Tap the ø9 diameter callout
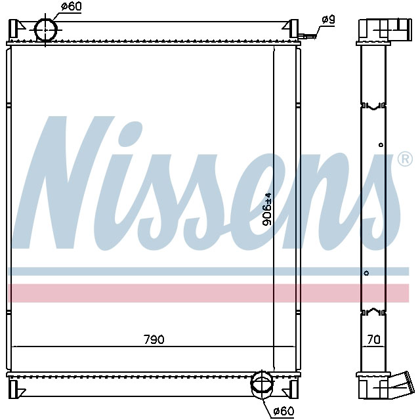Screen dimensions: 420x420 click(328, 20)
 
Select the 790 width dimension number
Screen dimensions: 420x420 click(154, 339)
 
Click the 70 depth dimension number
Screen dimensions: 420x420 click(374, 339)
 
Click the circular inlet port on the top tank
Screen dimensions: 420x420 click(46, 30)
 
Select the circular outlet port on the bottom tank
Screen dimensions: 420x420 click(262, 383)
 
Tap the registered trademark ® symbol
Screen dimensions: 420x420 click(405, 159)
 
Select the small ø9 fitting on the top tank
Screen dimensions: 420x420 click(306, 35)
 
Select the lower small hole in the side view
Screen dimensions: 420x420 click(366, 273)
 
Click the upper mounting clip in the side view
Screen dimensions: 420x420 click(374, 106)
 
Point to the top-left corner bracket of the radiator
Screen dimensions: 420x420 click(18, 29)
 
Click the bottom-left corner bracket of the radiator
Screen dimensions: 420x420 click(18, 391)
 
